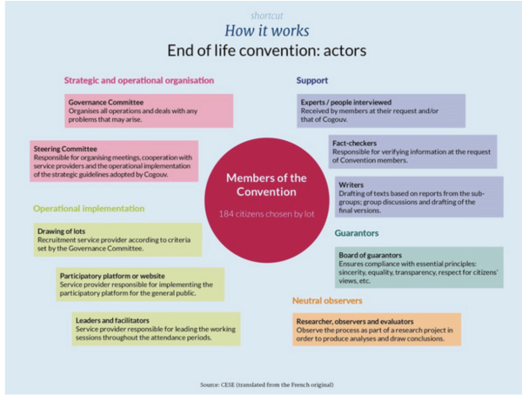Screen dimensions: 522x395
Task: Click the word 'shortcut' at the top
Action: pyautogui.click(x=267, y=16)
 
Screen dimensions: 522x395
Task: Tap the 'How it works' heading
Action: pyautogui.click(x=267, y=32)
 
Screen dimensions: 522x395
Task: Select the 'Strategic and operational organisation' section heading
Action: pyautogui.click(x=138, y=81)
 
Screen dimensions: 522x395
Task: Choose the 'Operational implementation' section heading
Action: pyautogui.click(x=89, y=209)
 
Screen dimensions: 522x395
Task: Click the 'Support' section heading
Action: pyautogui.click(x=311, y=81)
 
